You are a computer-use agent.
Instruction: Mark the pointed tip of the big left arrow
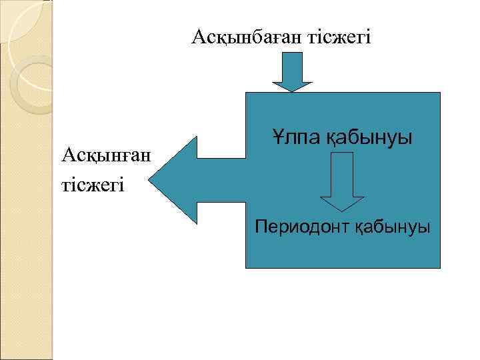click(x=149, y=179)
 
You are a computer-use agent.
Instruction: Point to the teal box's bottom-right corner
click(x=440, y=267)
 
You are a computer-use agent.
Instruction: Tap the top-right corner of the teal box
click(x=440, y=93)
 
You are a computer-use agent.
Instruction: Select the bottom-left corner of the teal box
click(x=247, y=267)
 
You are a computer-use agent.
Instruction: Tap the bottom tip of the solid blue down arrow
click(x=291, y=91)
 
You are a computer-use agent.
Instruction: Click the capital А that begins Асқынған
click(x=67, y=155)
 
